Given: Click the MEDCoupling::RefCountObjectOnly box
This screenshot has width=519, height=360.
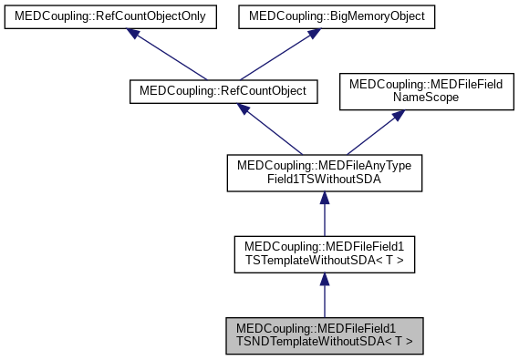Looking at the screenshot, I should click(x=109, y=16).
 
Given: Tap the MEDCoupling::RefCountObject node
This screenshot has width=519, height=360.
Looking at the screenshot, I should click(x=223, y=92).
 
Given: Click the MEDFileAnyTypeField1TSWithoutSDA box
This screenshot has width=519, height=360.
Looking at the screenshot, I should click(x=324, y=172).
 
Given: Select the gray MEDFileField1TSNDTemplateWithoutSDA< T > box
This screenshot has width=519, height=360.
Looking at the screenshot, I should click(x=324, y=336).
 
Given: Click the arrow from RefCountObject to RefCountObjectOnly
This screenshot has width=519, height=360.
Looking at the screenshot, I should click(x=170, y=57).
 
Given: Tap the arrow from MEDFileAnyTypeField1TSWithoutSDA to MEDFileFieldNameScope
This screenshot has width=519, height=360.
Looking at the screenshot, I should click(x=368, y=132).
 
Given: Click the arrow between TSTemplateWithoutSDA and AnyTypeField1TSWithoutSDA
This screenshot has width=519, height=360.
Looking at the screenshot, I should click(x=324, y=215).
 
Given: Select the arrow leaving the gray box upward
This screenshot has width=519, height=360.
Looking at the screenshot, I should click(x=324, y=297).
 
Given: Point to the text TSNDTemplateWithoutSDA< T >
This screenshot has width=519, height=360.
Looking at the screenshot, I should click(x=324, y=343).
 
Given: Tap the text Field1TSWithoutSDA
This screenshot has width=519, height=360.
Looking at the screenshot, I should click(x=324, y=180).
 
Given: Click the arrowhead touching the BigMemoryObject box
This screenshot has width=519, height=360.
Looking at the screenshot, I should click(x=312, y=33).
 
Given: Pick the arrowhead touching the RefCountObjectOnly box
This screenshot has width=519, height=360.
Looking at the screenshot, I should click(x=134, y=33).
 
